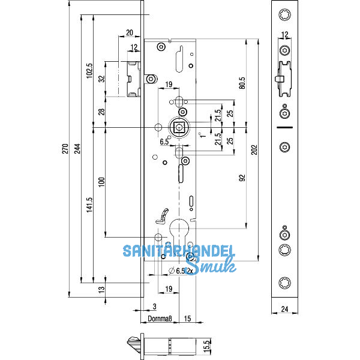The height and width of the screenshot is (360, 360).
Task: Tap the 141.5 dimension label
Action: click(x=89, y=205)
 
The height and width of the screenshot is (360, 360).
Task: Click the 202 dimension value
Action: click(x=254, y=148)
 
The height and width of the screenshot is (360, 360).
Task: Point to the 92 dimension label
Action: click(x=242, y=178)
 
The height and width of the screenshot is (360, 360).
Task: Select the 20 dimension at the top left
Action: click(x=130, y=33)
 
